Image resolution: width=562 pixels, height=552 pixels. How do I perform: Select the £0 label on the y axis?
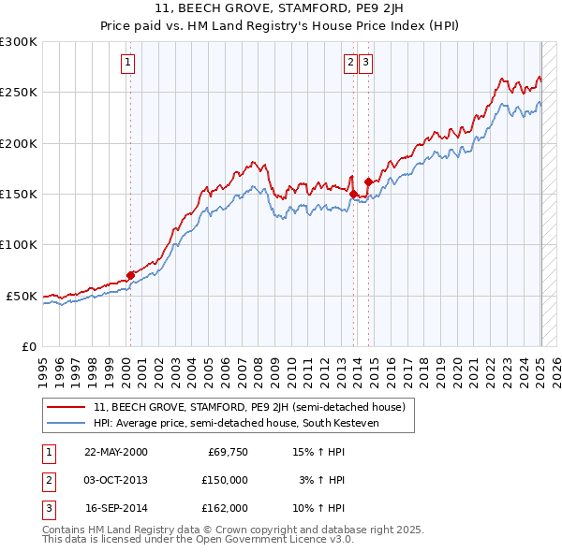pyautogui.click(x=30, y=346)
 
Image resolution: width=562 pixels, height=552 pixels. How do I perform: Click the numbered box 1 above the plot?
pyautogui.click(x=127, y=63)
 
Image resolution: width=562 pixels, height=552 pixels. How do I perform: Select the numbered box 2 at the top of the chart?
pyautogui.click(x=350, y=63)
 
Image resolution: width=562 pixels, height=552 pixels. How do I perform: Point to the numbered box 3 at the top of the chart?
pyautogui.click(x=364, y=63)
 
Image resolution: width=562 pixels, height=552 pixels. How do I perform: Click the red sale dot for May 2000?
pyautogui.click(x=131, y=275)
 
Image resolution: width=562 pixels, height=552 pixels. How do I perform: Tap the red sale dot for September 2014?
pyautogui.click(x=369, y=182)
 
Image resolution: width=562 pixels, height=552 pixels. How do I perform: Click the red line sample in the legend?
pyautogui.click(x=67, y=407)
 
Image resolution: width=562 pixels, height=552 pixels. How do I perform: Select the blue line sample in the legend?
pyautogui.click(x=67, y=423)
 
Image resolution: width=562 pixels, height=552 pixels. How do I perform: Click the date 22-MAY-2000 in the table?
pyautogui.click(x=115, y=452)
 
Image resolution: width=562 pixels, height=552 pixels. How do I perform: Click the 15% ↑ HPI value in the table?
pyautogui.click(x=318, y=452)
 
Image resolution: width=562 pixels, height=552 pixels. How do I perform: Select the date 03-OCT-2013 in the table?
pyautogui.click(x=115, y=480)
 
